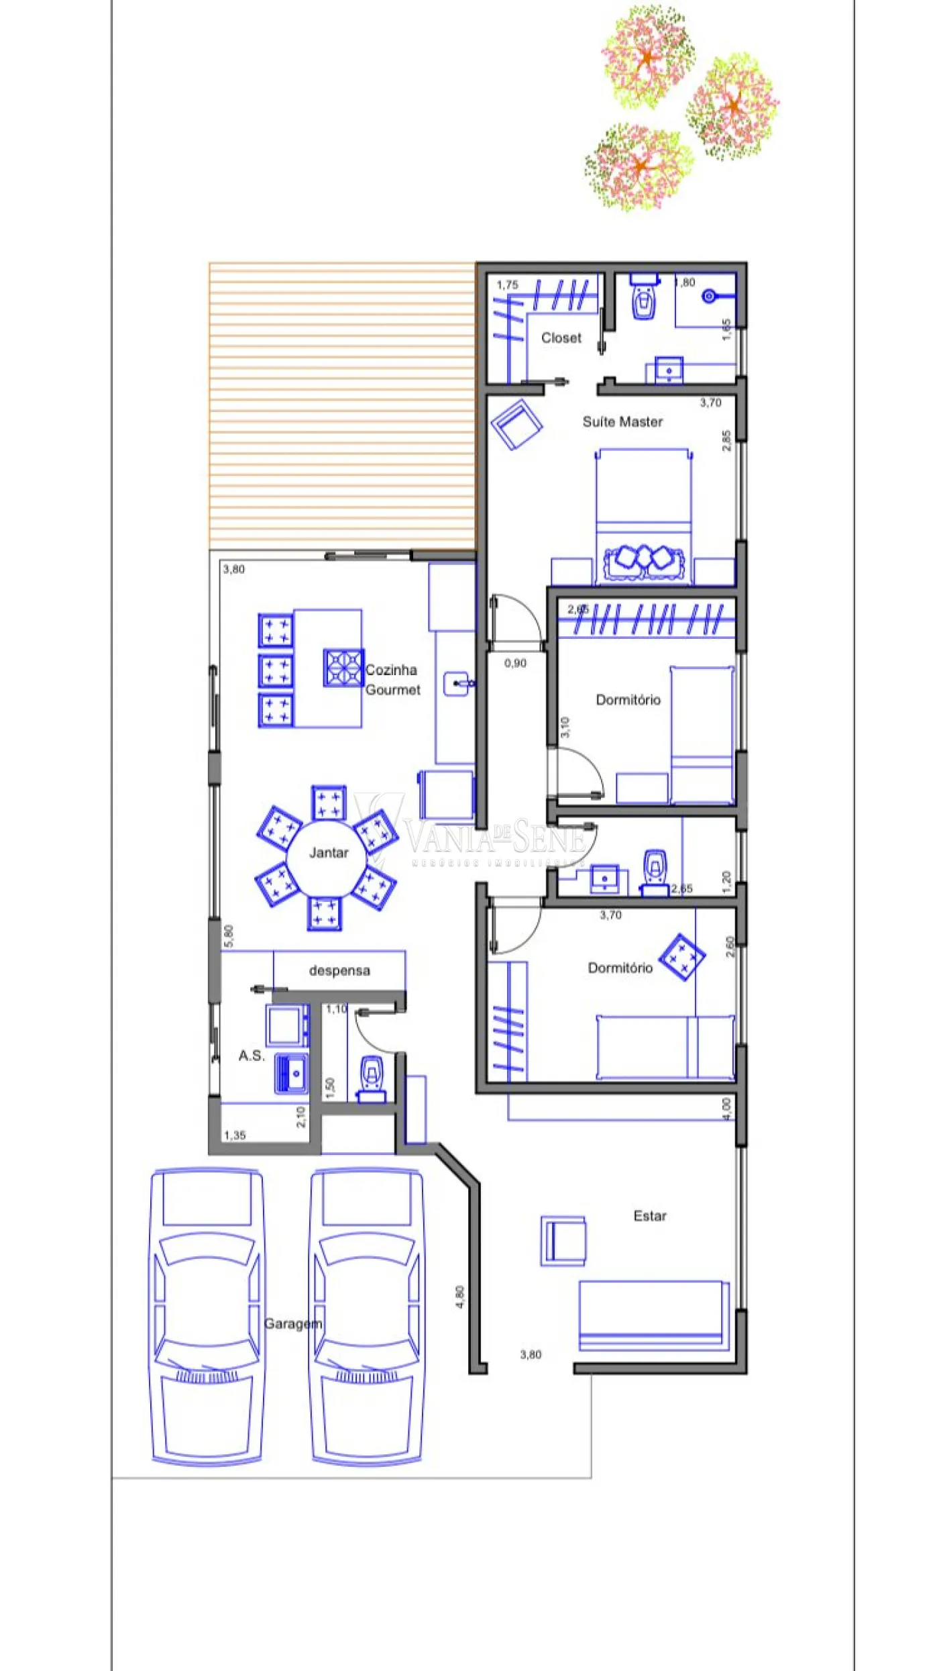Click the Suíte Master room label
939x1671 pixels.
coord(622,421)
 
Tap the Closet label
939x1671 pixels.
coord(561,338)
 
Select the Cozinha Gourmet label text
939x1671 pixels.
coord(392,679)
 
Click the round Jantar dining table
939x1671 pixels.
coord(327,857)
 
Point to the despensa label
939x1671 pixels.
coord(339,970)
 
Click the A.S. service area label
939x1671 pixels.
coord(252,1056)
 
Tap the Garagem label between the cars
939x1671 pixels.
coord(293,1324)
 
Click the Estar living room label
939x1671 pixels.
coord(650,1216)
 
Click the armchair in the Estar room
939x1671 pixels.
coord(563,1240)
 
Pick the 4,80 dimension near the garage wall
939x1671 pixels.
coord(459,1297)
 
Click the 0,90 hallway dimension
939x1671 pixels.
coord(515,663)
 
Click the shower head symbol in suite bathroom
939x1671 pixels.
coord(709,296)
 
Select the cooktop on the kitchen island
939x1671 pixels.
coord(343,668)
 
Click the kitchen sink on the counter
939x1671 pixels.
coord(457,684)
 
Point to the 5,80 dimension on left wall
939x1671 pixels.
coord(229,936)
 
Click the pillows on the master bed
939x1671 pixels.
coord(644,558)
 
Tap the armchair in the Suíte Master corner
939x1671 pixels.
coord(516,425)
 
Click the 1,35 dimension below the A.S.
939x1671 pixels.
coord(235,1135)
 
